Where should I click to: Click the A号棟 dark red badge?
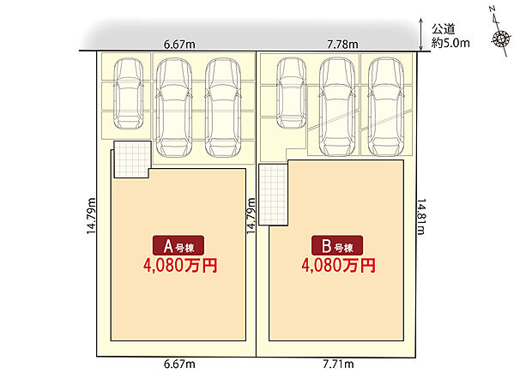[178, 245]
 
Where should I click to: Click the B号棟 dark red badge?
[337, 245]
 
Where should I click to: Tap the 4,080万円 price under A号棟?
[180, 266]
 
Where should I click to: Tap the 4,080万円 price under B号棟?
[339, 266]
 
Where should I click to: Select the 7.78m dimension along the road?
[342, 45]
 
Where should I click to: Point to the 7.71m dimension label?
[338, 364]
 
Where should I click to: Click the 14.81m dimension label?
[420, 217]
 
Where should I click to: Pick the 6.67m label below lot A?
[179, 364]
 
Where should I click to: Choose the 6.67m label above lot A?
[179, 45]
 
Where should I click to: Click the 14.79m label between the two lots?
[251, 216]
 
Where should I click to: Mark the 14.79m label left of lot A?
[91, 216]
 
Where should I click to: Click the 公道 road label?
[443, 29]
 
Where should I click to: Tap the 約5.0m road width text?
[450, 43]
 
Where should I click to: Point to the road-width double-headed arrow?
[421, 34]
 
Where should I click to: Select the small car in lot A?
[128, 94]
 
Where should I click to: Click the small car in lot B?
[292, 93]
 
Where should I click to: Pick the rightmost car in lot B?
[386, 107]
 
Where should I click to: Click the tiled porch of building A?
[132, 159]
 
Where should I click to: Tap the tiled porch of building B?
[273, 195]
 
